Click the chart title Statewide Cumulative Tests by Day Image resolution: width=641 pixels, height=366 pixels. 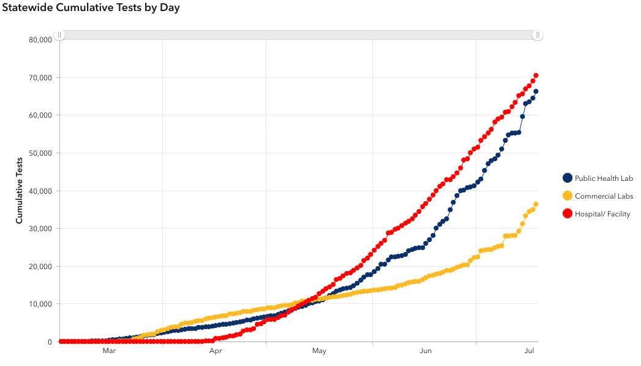point(91,9)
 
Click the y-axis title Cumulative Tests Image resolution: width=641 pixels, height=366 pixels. point(20,191)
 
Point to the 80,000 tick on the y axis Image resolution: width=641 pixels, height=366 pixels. point(40,40)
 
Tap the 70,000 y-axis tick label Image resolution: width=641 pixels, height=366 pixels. point(40,78)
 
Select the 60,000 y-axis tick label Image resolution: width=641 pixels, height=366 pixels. point(40,115)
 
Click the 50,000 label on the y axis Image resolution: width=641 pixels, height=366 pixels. point(40,153)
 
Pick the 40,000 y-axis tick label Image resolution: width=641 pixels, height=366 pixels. point(40,191)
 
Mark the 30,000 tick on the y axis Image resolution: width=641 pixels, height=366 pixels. point(40,229)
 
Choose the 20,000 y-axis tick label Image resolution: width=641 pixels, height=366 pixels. point(40,267)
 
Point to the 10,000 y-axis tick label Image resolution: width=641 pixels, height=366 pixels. point(40,304)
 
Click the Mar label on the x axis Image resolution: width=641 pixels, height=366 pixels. point(109,351)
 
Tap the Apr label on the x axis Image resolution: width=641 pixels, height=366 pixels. point(216,351)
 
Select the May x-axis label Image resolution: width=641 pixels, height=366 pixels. point(319,351)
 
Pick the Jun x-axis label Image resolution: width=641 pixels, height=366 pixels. point(426,351)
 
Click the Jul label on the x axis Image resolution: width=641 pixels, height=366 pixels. point(530,351)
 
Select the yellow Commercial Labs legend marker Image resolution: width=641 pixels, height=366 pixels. point(568,196)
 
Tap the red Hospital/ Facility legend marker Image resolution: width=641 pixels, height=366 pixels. point(568,214)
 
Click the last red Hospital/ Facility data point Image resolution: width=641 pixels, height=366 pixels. point(536,76)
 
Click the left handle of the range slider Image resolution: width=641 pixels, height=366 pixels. point(59,35)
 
